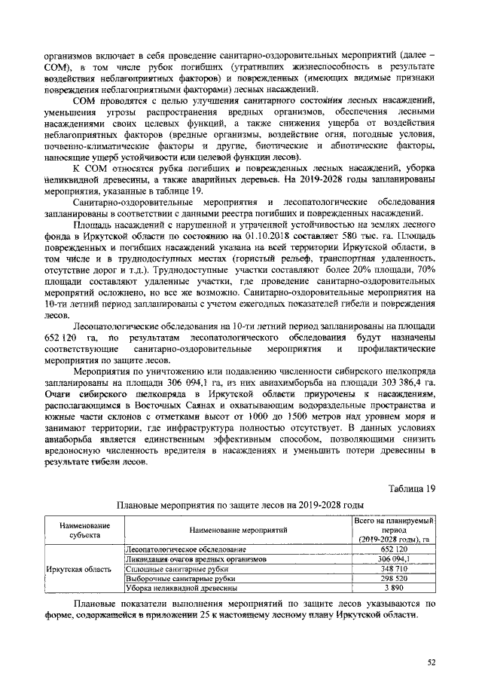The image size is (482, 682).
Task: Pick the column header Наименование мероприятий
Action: (238, 530)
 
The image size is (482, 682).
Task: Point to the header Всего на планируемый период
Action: (394, 530)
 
